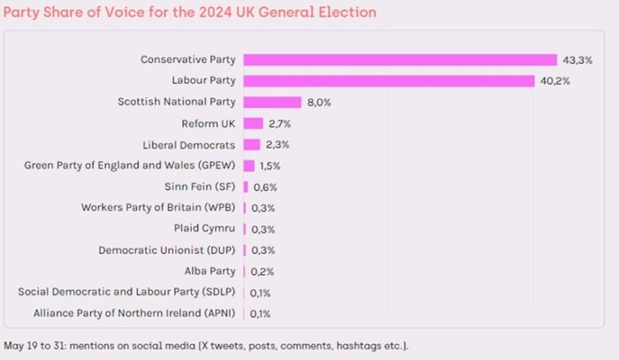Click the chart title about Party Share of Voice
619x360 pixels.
point(190,12)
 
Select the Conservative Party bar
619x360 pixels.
point(400,59)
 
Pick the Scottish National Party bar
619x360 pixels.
point(272,102)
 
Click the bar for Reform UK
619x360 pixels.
point(254,123)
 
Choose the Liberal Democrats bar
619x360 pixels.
point(252,144)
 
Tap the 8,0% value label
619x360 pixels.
point(319,102)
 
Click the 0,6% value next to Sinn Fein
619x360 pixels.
point(264,187)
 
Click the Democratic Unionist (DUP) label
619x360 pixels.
point(167,249)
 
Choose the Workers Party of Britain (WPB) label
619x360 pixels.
point(158,208)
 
